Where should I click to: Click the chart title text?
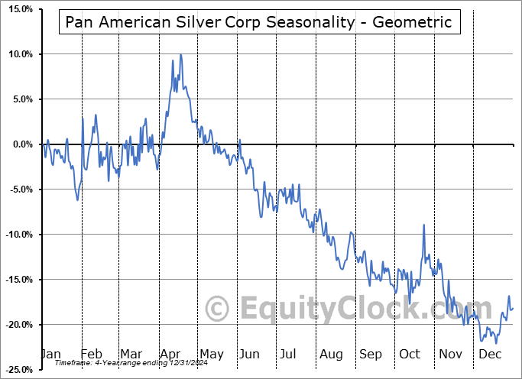[x=258, y=22]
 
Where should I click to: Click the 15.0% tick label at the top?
[x=19, y=9]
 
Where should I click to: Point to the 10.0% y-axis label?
[x=19, y=54]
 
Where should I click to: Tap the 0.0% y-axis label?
[x=21, y=144]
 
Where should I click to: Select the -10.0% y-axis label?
[x=18, y=235]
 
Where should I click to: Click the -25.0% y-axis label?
[x=18, y=370]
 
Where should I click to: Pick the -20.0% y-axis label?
[x=18, y=325]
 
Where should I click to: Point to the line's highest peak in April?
[x=180, y=54]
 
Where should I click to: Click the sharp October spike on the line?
[x=423, y=225]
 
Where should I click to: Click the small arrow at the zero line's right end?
[x=518, y=144]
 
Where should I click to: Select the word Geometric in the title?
[x=413, y=22]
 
